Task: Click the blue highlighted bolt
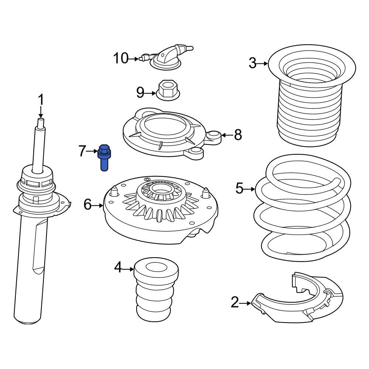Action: tap(104, 158)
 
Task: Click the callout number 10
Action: tap(120, 58)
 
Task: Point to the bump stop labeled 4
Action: tap(156, 290)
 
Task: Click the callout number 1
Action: tap(41, 100)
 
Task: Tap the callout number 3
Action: tap(252, 63)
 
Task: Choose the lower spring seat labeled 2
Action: tap(299, 301)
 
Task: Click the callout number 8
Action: tap(238, 135)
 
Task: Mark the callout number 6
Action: tap(87, 204)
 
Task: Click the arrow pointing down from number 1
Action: tap(41, 113)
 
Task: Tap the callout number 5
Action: tap(239, 189)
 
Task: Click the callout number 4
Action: tap(118, 268)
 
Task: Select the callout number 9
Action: tap(140, 92)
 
